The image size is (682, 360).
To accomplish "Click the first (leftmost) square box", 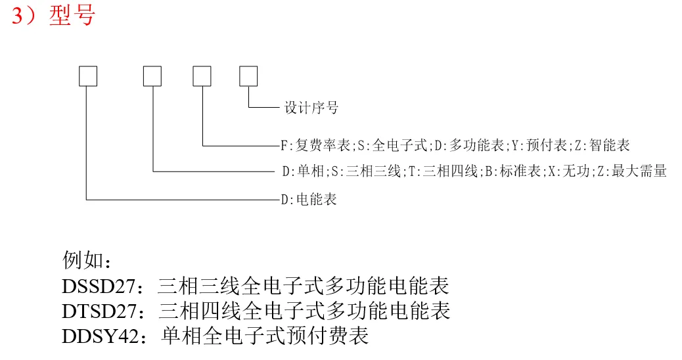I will tap(87, 76).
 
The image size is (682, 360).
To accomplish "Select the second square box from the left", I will tap(152, 76).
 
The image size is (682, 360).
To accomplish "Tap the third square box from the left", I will tap(202, 76).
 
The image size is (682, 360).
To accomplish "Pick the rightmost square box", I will tap(248, 76).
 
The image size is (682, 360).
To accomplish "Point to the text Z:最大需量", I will tap(635, 172).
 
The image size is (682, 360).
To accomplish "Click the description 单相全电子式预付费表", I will tap(264, 335).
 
